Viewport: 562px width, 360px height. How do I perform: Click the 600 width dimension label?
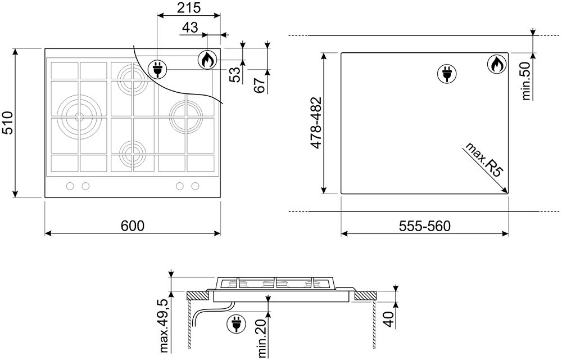click(x=133, y=226)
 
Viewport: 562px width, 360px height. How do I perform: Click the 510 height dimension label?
click(x=7, y=123)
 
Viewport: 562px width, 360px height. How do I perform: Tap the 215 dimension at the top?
click(x=189, y=7)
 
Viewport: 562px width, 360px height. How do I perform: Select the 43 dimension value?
click(x=191, y=27)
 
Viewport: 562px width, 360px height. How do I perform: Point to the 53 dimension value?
click(x=235, y=75)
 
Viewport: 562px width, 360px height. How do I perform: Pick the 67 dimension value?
click(x=259, y=84)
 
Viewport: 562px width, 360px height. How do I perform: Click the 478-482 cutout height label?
click(x=316, y=123)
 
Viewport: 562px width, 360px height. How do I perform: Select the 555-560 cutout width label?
click(x=425, y=226)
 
